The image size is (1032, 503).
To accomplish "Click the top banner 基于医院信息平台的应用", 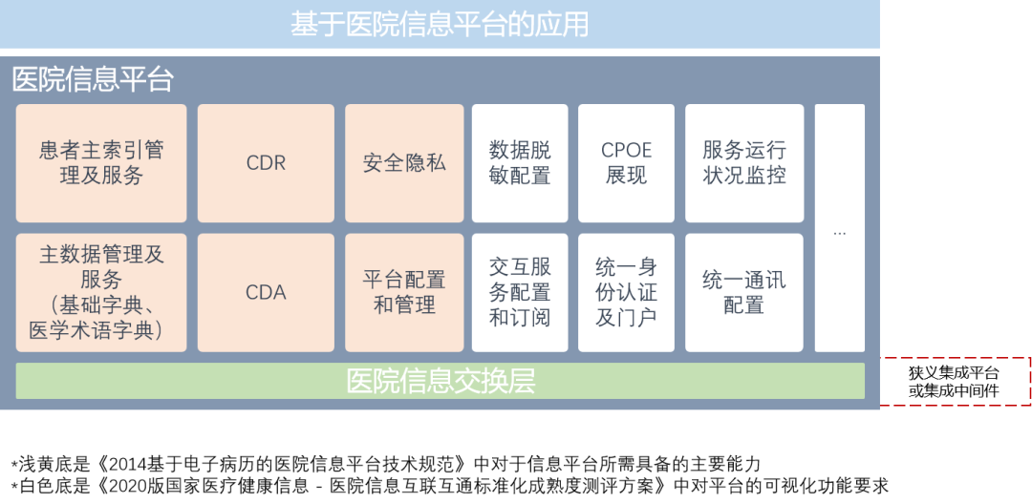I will point(440,24).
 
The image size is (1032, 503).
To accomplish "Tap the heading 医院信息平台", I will point(93,79).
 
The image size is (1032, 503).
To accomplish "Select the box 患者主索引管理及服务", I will point(101,163).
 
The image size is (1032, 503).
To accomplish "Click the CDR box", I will point(266,163).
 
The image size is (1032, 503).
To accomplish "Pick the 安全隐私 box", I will point(404,163).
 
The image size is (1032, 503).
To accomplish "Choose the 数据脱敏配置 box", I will point(520,163).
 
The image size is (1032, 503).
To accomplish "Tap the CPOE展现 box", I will point(626,163).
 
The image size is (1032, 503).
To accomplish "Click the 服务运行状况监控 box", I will point(744,163).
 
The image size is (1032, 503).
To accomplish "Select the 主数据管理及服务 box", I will point(101,293).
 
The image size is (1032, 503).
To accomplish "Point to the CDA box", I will point(266,293).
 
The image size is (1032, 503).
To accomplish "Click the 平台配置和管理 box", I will point(404,293).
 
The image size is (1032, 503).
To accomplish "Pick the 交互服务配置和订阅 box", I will point(520,293).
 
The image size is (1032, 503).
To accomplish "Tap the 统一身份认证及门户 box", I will point(626,293).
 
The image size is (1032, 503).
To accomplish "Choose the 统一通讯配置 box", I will point(744,293).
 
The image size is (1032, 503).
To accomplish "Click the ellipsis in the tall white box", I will point(840,232).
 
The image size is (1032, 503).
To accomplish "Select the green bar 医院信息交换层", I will point(441,381).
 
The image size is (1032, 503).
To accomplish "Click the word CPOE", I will point(626,151).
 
